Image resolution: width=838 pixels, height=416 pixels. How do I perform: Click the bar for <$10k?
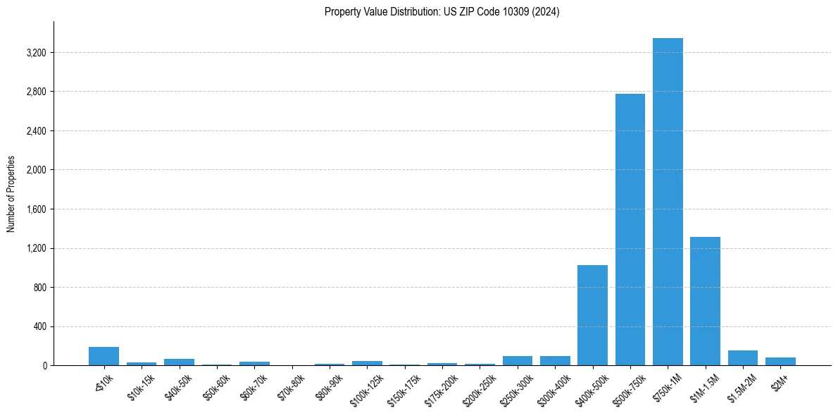104,356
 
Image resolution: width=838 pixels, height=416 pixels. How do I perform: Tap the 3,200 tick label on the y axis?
36,53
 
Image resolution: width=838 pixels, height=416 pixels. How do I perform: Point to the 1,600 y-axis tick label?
36,209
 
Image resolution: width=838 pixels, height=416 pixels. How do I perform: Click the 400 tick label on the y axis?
40,326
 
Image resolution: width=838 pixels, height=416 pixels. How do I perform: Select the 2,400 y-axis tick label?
36,131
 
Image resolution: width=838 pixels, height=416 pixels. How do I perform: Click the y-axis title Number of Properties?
11,194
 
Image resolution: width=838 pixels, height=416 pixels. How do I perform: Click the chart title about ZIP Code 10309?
442,12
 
